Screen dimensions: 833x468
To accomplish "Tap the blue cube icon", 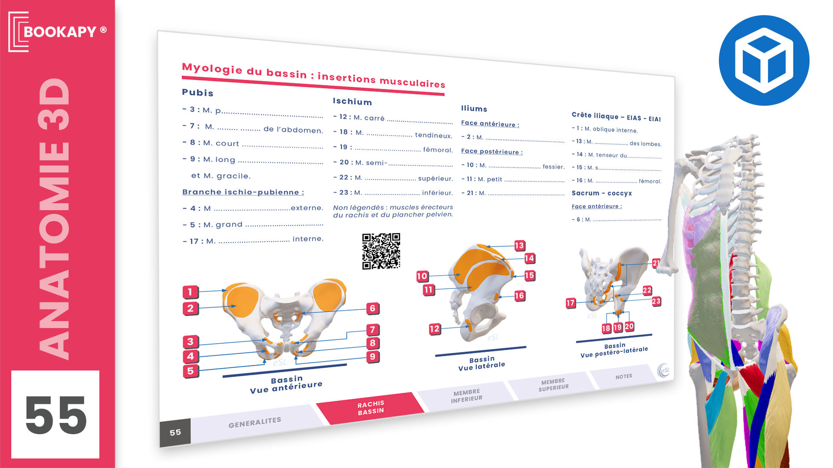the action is point(764,60).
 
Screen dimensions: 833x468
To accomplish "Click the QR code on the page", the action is point(381,251).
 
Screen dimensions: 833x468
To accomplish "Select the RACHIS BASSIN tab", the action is point(371,408).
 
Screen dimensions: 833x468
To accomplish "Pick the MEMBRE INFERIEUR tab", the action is point(466,395).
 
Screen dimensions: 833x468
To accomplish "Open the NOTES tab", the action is point(623,377).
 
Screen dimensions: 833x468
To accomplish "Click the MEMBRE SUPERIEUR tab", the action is point(553,384).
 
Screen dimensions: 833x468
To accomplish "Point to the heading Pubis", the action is point(197,92).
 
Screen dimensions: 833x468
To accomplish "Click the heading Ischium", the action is point(352,101).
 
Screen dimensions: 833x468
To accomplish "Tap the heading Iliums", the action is point(474,108).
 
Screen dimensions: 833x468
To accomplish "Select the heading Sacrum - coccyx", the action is point(602,193).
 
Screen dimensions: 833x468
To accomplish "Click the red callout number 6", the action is point(372,309).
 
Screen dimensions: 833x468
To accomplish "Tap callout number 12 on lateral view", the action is point(434,329).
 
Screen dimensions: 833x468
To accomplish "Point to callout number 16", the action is point(519,296).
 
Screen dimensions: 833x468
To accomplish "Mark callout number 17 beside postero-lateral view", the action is point(570,303).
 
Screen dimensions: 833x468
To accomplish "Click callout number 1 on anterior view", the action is point(190,292).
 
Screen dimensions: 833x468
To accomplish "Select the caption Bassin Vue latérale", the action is point(482,363).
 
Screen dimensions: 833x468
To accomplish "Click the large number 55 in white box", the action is point(56,415).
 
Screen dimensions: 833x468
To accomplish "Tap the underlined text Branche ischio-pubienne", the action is point(243,192).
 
